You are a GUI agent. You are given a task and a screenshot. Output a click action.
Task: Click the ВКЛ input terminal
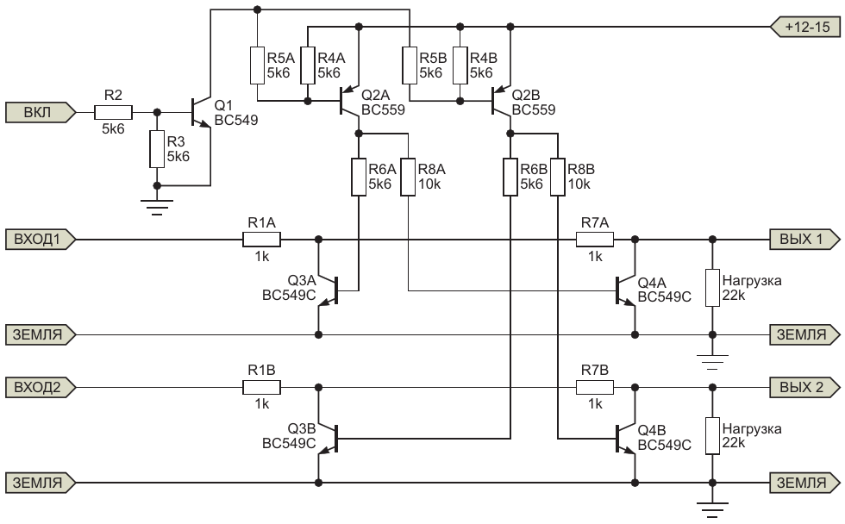(41, 113)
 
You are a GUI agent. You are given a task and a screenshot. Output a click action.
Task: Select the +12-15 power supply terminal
(805, 27)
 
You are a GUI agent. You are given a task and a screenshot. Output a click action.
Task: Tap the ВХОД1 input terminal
(41, 239)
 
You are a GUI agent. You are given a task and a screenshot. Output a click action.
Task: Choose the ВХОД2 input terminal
(41, 387)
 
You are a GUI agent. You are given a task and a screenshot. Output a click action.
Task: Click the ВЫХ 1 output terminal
(805, 239)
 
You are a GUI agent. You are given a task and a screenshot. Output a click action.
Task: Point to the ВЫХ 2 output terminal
(805, 387)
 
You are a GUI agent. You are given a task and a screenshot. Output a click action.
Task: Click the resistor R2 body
(113, 113)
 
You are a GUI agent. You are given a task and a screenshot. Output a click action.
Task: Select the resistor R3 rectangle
(157, 149)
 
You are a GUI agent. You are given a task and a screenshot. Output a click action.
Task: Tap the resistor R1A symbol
(262, 239)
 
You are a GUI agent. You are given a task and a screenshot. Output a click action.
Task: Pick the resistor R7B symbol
(595, 387)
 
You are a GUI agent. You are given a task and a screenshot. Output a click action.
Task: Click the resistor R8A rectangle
(409, 178)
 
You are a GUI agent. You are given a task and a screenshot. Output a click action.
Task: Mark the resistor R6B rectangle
(510, 178)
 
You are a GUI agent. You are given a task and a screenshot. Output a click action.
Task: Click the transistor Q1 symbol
(202, 113)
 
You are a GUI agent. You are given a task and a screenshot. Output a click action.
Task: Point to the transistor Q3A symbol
(329, 290)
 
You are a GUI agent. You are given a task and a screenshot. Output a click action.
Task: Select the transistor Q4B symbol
(626, 439)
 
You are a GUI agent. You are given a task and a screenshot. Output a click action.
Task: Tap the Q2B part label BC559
(534, 109)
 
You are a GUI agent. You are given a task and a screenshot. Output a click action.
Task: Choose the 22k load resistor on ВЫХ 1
(712, 288)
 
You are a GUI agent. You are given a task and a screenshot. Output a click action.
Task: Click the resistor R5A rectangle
(257, 65)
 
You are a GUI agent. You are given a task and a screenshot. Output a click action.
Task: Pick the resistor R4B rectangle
(460, 65)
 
